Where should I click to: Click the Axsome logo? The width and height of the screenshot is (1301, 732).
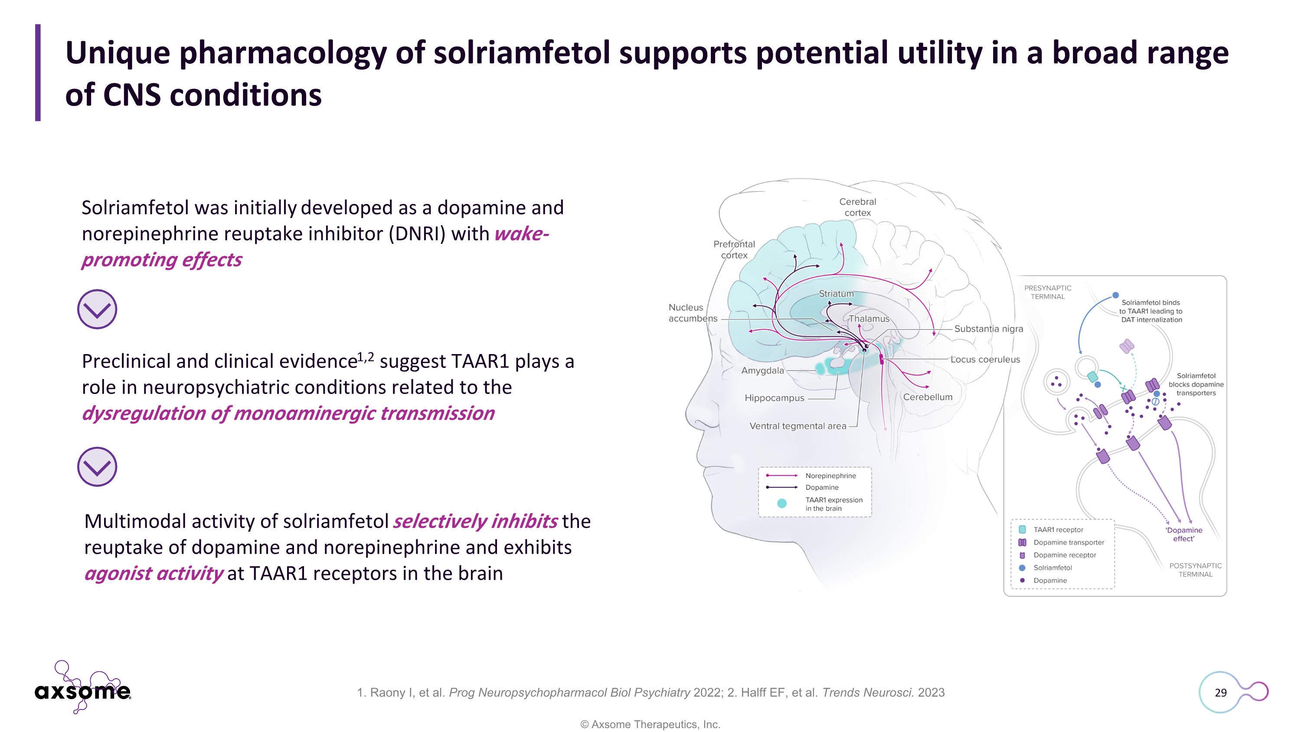[x=83, y=690]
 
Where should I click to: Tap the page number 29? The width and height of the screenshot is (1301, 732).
[x=1220, y=693]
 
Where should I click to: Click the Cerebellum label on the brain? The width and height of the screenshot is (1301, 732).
[x=927, y=397]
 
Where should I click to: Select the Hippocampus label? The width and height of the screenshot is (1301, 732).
[x=774, y=398]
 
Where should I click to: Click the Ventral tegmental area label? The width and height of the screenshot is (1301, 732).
[x=798, y=426]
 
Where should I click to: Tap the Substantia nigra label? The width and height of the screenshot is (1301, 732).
[x=988, y=329]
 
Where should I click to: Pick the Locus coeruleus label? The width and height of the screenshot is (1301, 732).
[x=985, y=360]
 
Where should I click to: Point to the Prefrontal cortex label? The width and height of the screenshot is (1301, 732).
[x=734, y=249]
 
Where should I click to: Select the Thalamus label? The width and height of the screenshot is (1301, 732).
[x=869, y=319]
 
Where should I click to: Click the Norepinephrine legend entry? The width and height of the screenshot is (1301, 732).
[x=830, y=476]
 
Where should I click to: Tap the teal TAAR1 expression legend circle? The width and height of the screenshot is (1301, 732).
[x=781, y=503]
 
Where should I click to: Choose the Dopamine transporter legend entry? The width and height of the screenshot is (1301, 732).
[x=1068, y=542]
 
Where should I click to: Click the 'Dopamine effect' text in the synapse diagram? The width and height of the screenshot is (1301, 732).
[x=1183, y=535]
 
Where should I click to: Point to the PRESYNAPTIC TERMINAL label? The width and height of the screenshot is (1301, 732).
[x=1047, y=292]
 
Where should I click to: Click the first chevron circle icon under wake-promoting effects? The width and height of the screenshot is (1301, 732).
[x=97, y=309]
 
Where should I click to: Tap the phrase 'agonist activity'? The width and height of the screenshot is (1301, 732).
[x=154, y=573]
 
